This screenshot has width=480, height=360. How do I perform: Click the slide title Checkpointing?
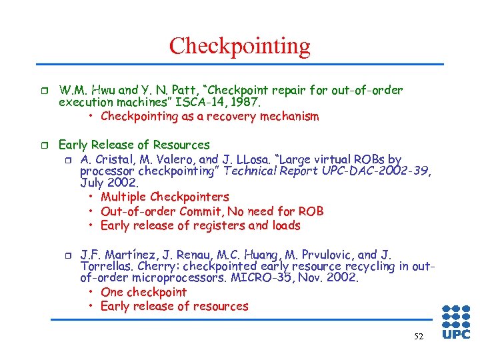[239, 46]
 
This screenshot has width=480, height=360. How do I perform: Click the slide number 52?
[418, 337]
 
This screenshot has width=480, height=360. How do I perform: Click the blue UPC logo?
[456, 323]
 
